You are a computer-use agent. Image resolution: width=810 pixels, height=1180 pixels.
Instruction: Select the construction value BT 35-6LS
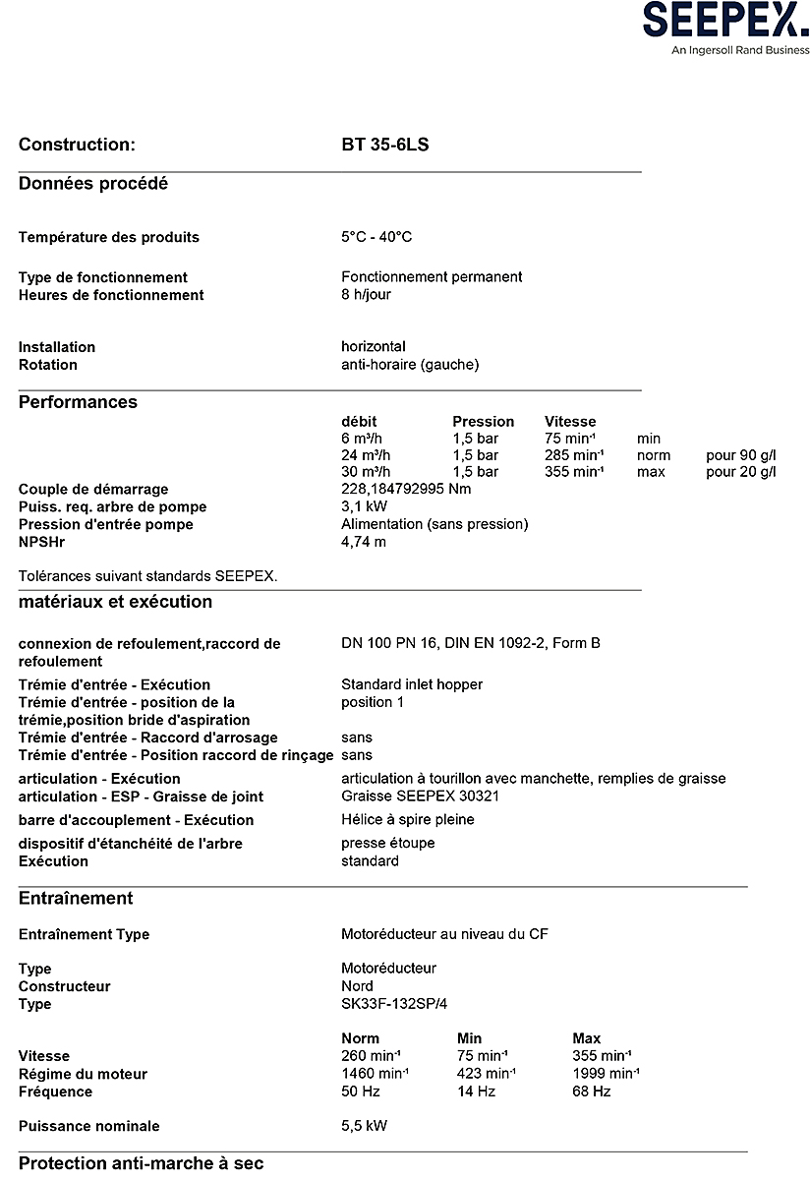pos(385,146)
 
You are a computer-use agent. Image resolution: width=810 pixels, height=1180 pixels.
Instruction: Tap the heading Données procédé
pos(93,184)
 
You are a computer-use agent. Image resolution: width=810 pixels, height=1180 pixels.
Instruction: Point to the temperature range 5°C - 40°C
pos(376,237)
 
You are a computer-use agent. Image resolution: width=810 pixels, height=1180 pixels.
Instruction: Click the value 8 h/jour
pos(366,295)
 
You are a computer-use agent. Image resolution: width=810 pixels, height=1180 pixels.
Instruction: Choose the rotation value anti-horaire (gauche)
pos(410,365)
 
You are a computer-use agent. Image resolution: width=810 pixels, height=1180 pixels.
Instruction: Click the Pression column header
pos(483,422)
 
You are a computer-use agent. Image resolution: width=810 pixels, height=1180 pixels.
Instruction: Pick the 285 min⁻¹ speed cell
pos(573,455)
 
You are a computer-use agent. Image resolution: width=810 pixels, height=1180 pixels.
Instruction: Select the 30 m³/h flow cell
pos(366,472)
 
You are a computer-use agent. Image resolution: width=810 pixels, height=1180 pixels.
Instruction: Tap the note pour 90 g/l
pos(740,455)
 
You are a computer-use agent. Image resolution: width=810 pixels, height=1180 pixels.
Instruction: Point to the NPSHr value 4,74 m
pos(364,542)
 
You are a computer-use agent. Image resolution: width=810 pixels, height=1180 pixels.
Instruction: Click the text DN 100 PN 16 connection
pos(470,644)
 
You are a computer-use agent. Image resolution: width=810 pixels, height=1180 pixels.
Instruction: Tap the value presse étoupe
pos(387,844)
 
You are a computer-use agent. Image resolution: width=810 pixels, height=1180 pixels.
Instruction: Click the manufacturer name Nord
pos(357,986)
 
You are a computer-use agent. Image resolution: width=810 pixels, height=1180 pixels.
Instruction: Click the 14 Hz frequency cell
pos(476,1091)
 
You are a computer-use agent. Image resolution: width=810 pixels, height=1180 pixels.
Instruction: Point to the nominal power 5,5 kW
pos(364,1126)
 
